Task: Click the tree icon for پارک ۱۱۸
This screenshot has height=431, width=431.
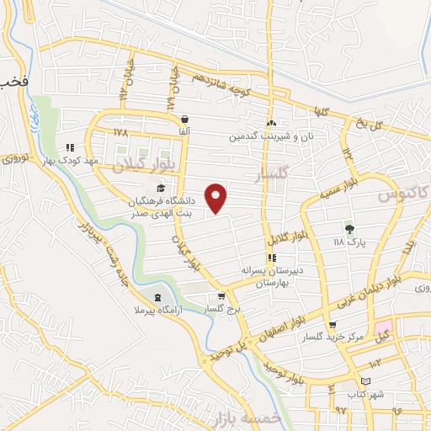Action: tap(349, 227)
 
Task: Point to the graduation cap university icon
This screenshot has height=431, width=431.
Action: tap(161, 186)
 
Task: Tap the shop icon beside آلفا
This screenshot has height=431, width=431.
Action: tap(184, 120)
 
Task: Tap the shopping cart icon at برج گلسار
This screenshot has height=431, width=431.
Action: tap(221, 295)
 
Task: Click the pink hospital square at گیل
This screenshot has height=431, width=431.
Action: tap(384, 326)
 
